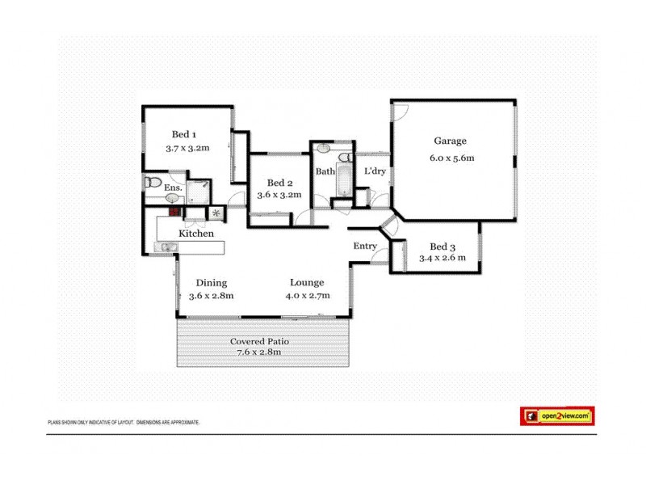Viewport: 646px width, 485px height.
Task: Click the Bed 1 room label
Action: [x=184, y=134]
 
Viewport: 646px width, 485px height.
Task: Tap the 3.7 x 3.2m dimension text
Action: [x=187, y=149]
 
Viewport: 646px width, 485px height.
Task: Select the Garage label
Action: [x=451, y=141]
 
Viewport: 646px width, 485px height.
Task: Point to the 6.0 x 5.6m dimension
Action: [x=451, y=158]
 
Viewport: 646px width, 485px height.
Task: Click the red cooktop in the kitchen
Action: [x=174, y=212]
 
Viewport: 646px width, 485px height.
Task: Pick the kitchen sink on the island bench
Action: [x=166, y=247]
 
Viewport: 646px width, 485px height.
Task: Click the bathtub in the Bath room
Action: [x=342, y=179]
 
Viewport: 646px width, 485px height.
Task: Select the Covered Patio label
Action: [x=259, y=341]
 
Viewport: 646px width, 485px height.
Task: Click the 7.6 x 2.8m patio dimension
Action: [x=259, y=352]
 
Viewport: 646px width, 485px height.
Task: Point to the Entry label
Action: [x=365, y=247]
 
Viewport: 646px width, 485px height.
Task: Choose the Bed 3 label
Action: [x=443, y=247]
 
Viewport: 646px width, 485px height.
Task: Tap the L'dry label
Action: [x=374, y=171]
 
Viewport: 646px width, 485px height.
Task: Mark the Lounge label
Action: [x=307, y=283]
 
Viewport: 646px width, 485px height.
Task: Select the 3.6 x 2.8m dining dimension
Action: [x=211, y=296]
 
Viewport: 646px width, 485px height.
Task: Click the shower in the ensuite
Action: [x=199, y=191]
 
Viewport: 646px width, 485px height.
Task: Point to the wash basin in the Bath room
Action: [x=323, y=149]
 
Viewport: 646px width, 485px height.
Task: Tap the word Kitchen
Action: [x=196, y=234]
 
